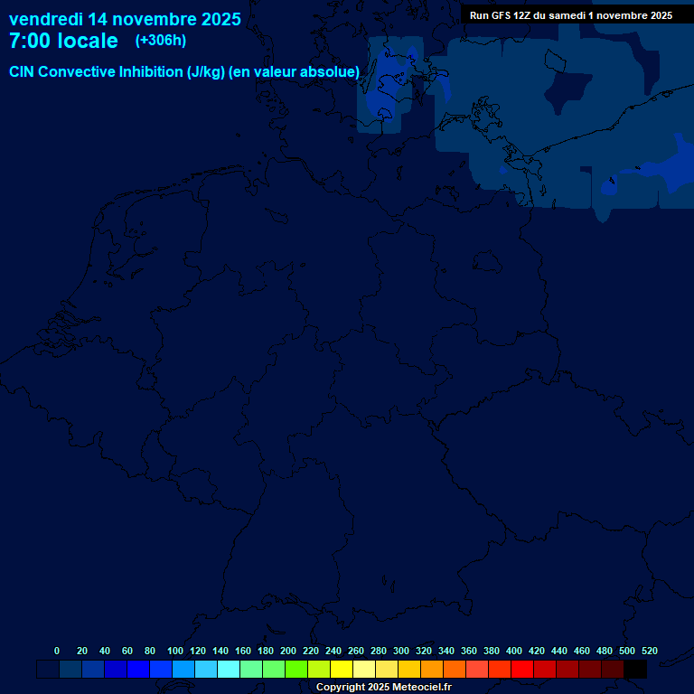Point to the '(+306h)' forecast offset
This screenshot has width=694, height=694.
(x=160, y=41)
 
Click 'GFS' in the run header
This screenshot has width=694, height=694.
(x=499, y=15)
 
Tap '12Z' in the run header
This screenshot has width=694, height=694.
(x=523, y=15)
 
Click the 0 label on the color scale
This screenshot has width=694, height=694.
(x=57, y=651)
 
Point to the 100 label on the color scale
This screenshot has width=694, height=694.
(x=175, y=651)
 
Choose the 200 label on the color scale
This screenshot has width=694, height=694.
(x=288, y=651)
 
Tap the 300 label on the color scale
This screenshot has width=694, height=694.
(x=401, y=651)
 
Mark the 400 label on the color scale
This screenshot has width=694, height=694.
(x=514, y=651)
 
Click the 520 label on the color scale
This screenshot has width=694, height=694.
(x=650, y=651)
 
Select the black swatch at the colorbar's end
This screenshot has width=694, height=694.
(x=635, y=670)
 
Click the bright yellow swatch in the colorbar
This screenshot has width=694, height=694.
(x=342, y=670)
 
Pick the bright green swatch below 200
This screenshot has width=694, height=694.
(x=296, y=670)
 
